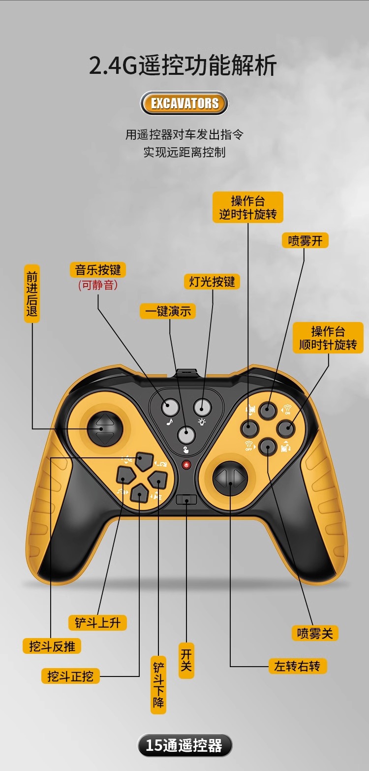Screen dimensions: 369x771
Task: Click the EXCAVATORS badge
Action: coord(184,103)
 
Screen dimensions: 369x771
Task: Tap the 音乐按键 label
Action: coord(98,270)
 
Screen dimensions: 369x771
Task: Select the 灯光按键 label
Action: coord(212,282)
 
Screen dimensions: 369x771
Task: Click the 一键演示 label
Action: coord(168,311)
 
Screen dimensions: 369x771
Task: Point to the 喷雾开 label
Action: coord(305,240)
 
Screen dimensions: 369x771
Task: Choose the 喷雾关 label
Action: coord(315,633)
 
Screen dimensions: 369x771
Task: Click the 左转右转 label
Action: coord(297,666)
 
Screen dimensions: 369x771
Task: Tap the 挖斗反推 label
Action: coord(52,646)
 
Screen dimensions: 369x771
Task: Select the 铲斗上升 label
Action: coord(97,622)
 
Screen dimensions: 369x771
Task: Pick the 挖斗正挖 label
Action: coord(70,676)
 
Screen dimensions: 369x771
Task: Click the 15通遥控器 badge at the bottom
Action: coord(184,745)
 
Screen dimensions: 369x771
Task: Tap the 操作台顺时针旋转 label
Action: coord(328,338)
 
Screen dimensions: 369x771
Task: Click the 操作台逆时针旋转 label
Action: coord(248,207)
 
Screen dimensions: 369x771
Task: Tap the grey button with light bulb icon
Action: coord(202,407)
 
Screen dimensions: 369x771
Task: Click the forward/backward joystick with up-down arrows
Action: coord(105,429)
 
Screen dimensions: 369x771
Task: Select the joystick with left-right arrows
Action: coord(230,478)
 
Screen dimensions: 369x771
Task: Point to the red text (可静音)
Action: coord(98,285)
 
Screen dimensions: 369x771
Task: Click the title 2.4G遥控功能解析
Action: coord(183,66)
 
